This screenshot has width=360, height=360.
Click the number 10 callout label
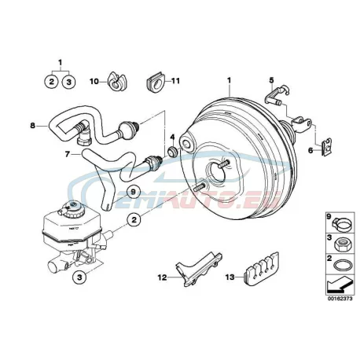point(94,82)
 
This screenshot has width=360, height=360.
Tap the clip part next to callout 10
point(117,81)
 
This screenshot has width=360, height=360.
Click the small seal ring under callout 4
point(172,151)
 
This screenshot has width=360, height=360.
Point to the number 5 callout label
point(271,80)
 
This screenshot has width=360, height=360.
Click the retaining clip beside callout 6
point(327,147)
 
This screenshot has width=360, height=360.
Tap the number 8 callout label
point(32,126)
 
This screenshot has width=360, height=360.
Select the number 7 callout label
point(68,155)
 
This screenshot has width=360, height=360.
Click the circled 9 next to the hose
point(133,193)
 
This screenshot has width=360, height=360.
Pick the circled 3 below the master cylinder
point(79,277)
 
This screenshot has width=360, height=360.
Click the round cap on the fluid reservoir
point(74,208)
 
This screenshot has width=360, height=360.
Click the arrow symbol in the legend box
point(339,285)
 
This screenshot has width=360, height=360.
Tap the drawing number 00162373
point(340,299)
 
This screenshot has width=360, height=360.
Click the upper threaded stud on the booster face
point(223,164)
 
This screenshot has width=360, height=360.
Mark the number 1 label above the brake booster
point(229,80)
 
